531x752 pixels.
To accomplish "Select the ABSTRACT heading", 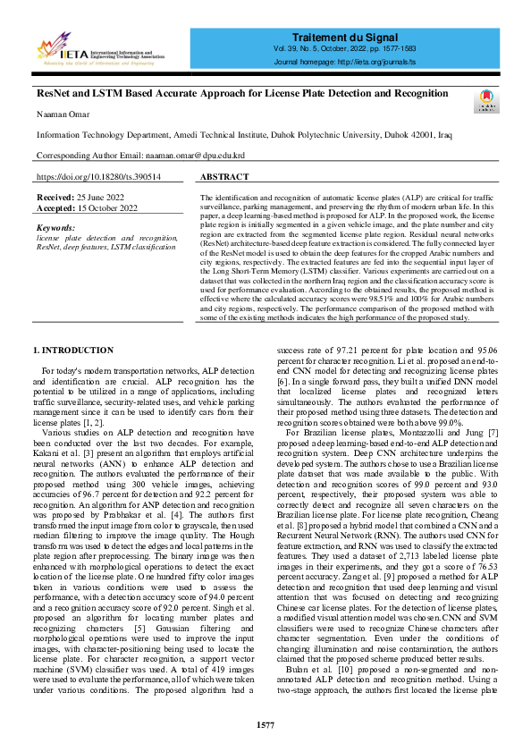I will [x=224, y=178].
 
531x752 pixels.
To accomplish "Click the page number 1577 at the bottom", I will [x=265, y=725].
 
